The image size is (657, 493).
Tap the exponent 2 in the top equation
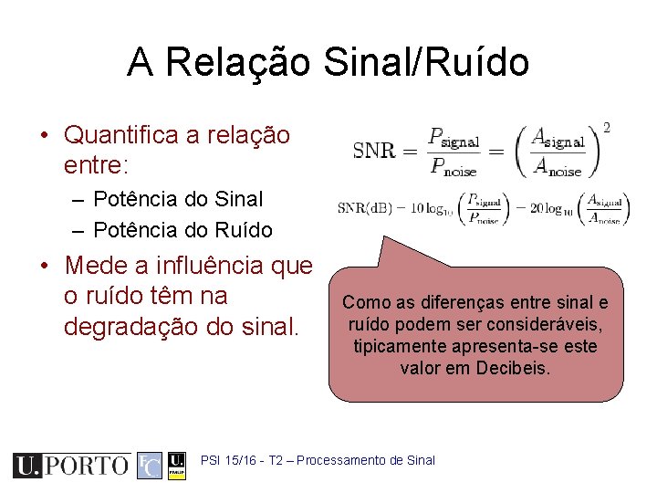607,127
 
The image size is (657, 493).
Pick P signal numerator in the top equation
454,139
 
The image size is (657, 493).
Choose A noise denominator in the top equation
558,165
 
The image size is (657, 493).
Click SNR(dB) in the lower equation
365,207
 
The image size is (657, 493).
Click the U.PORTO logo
70,465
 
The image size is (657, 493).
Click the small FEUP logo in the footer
177,465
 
